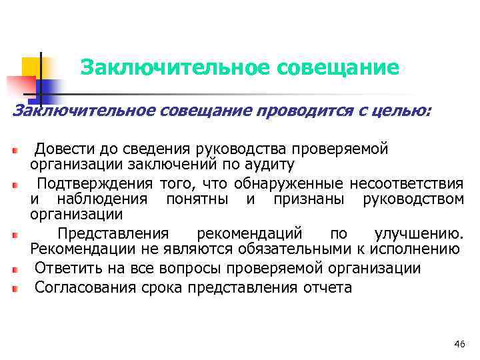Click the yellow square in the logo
(31, 67)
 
